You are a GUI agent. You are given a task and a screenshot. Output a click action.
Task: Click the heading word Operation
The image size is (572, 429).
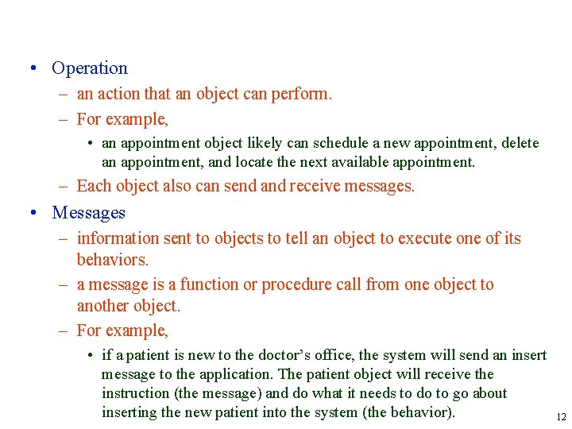[89, 68]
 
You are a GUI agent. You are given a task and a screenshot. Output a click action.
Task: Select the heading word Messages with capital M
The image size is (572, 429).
[88, 213]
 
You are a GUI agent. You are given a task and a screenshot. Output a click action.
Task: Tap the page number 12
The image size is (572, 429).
[561, 417]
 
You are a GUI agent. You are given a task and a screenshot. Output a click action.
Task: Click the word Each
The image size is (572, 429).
[93, 187]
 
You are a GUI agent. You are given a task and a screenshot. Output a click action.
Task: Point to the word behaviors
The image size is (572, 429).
[112, 260]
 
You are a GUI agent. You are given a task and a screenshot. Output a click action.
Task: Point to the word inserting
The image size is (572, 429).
[129, 412]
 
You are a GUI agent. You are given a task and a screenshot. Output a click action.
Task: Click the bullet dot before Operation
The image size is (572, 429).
[31, 68]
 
